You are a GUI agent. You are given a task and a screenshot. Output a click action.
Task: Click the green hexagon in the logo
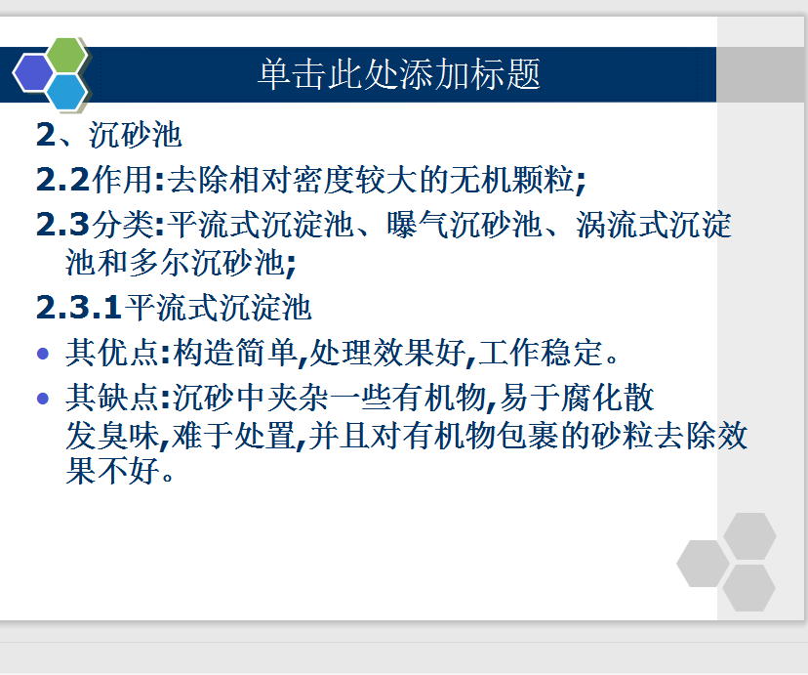[x=66, y=55]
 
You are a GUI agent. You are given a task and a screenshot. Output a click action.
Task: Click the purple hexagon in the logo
[x=33, y=72]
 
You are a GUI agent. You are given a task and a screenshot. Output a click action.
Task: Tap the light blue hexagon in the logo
[x=66, y=92]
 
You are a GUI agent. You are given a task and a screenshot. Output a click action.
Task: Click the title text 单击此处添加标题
[x=399, y=74]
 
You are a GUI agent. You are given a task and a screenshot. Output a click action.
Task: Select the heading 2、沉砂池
[x=108, y=135]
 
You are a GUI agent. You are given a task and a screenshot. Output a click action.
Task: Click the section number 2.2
[x=62, y=180]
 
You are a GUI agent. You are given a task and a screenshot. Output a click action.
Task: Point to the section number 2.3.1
[x=78, y=308]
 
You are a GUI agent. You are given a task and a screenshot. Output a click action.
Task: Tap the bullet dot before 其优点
[x=43, y=354]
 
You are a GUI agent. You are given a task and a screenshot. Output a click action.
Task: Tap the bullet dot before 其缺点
[x=43, y=399]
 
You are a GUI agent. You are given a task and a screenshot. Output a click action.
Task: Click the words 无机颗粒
[x=511, y=180]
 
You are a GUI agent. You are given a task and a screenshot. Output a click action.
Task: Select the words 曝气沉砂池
[x=465, y=225]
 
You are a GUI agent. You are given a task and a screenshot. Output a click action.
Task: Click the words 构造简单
[x=236, y=353]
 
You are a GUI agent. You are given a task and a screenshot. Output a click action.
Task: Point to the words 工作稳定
[x=540, y=353]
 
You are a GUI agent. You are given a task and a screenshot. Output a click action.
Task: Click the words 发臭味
[x=113, y=436]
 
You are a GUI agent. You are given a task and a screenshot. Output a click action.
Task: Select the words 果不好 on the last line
[x=113, y=470]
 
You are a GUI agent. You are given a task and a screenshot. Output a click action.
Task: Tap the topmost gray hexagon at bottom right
[x=749, y=536]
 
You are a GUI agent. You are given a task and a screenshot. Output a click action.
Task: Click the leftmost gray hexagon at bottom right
[x=703, y=564]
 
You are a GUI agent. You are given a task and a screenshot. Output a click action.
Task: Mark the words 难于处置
[x=234, y=436]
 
